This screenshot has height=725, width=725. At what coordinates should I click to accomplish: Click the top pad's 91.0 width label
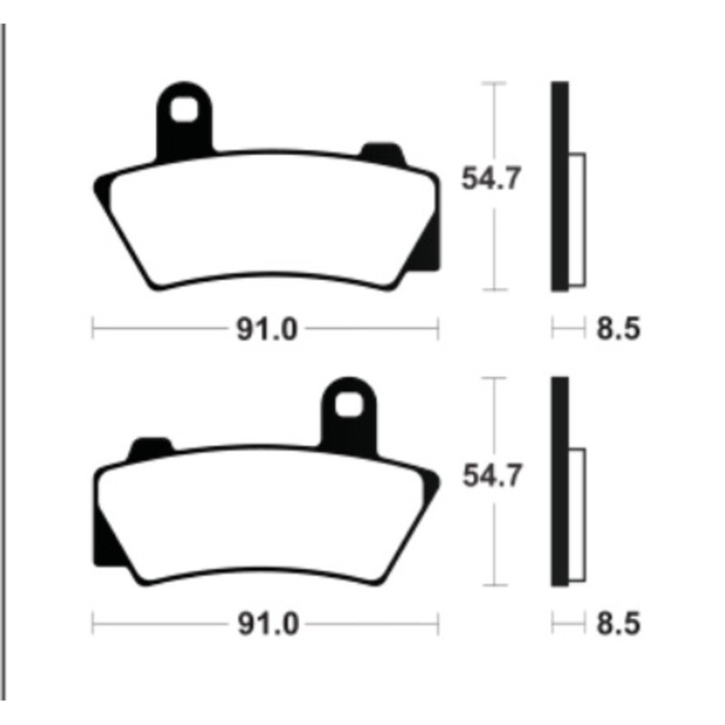[x=266, y=329]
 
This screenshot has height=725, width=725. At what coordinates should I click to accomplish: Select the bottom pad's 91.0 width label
[x=266, y=623]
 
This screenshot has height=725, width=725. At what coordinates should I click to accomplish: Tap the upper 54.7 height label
[x=490, y=179]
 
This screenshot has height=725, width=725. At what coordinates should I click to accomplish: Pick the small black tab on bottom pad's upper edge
[x=150, y=446]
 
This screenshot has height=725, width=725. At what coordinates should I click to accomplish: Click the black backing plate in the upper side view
[x=559, y=186]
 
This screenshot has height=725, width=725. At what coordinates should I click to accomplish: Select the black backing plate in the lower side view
[x=559, y=480]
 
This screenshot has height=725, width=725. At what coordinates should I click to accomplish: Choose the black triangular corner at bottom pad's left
[x=106, y=544]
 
